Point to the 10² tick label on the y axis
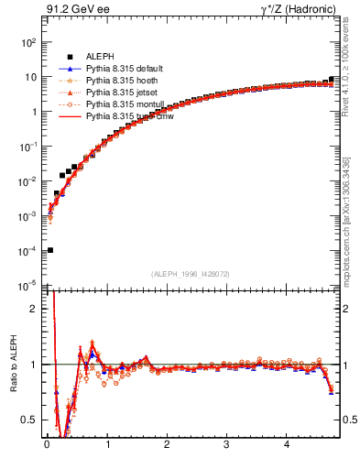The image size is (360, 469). point(28,43)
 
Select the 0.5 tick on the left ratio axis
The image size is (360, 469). point(29,420)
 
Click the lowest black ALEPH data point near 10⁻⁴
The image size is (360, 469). point(49,250)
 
